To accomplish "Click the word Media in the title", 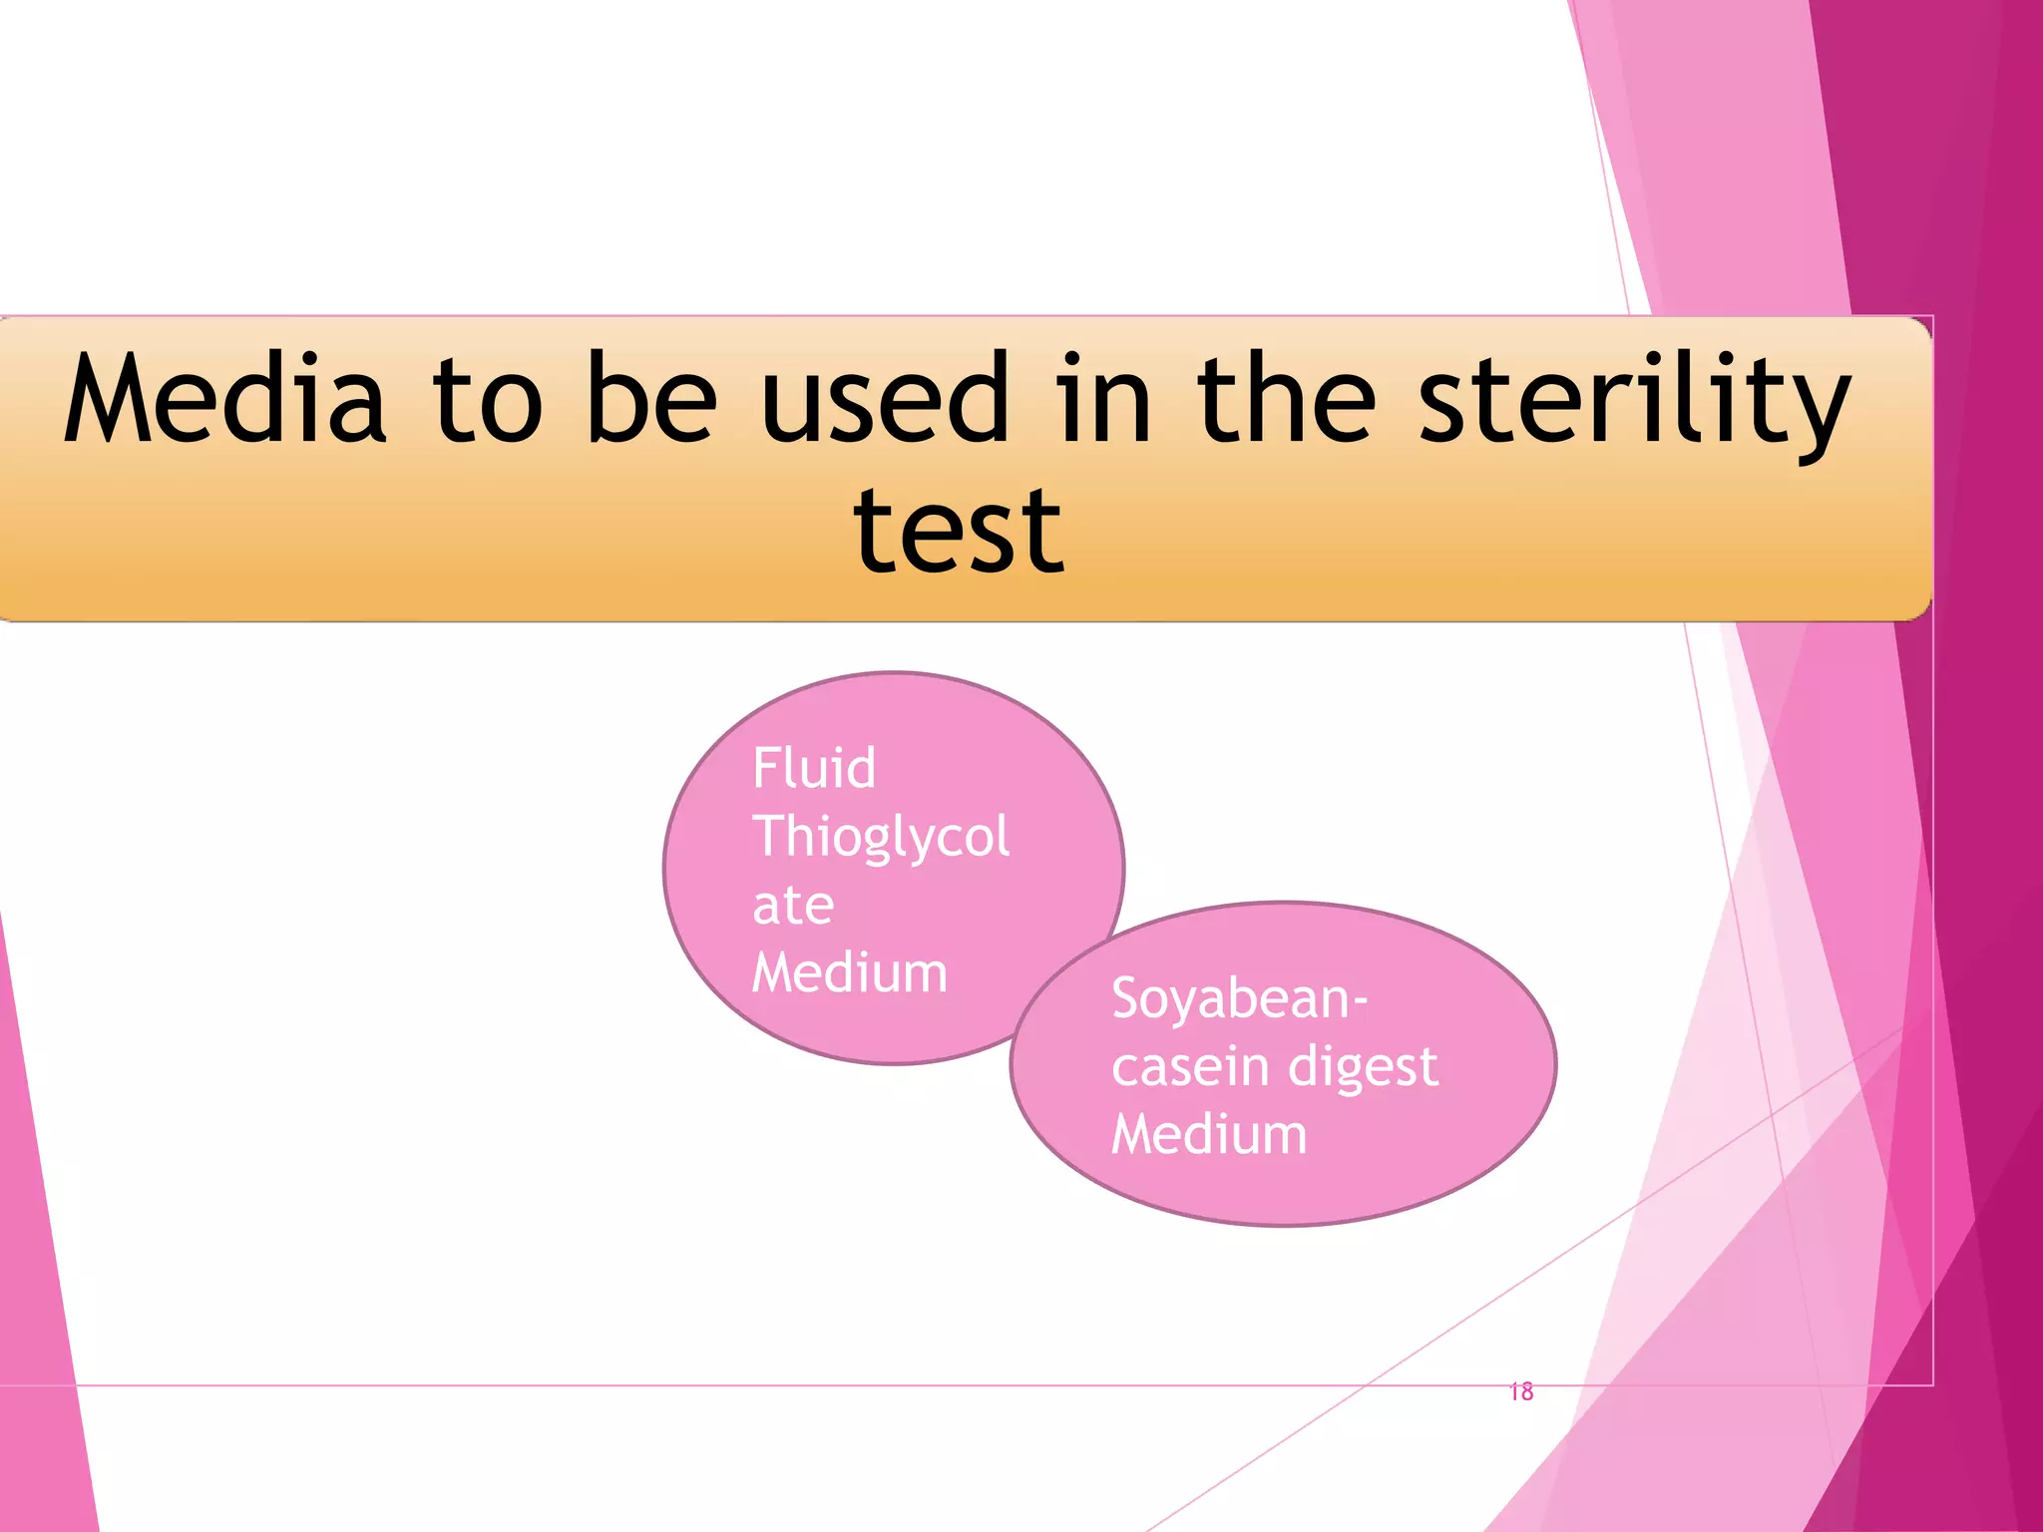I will [x=224, y=399].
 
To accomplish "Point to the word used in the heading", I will [x=886, y=399].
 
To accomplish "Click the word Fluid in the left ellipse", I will [x=814, y=768].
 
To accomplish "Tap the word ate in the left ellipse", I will [x=793, y=906].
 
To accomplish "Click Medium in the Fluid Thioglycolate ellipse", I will [x=849, y=972].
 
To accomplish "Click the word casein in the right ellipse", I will [x=1190, y=1066].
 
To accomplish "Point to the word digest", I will [x=1363, y=1068].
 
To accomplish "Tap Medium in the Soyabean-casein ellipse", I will [x=1209, y=1135].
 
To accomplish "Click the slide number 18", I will [x=1521, y=1391].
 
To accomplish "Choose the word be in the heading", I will [x=651, y=399].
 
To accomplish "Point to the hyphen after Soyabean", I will [x=1361, y=1000].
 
